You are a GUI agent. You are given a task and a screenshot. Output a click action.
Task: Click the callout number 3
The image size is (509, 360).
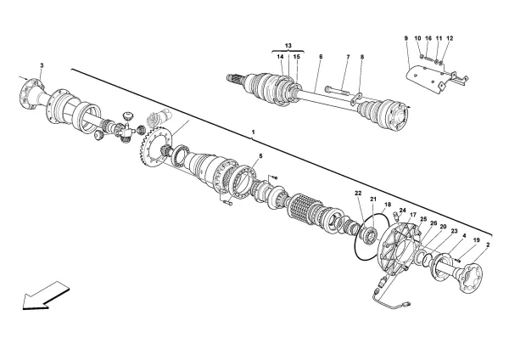42,65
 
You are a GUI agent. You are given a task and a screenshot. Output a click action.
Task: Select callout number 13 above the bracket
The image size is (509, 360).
288,45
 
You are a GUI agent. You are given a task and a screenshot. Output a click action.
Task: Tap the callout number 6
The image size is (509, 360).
321,57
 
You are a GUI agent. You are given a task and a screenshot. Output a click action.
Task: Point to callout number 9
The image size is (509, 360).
406,38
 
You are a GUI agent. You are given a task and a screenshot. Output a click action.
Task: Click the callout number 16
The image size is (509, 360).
428,38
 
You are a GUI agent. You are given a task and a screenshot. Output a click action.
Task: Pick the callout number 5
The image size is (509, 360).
260,156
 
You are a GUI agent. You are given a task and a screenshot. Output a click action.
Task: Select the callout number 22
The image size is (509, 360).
358,195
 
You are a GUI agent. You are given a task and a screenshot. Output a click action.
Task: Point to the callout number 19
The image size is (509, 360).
477,240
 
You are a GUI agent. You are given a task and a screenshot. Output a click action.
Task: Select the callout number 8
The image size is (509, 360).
361,57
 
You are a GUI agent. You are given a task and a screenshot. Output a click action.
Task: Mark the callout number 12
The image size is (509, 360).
450,38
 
